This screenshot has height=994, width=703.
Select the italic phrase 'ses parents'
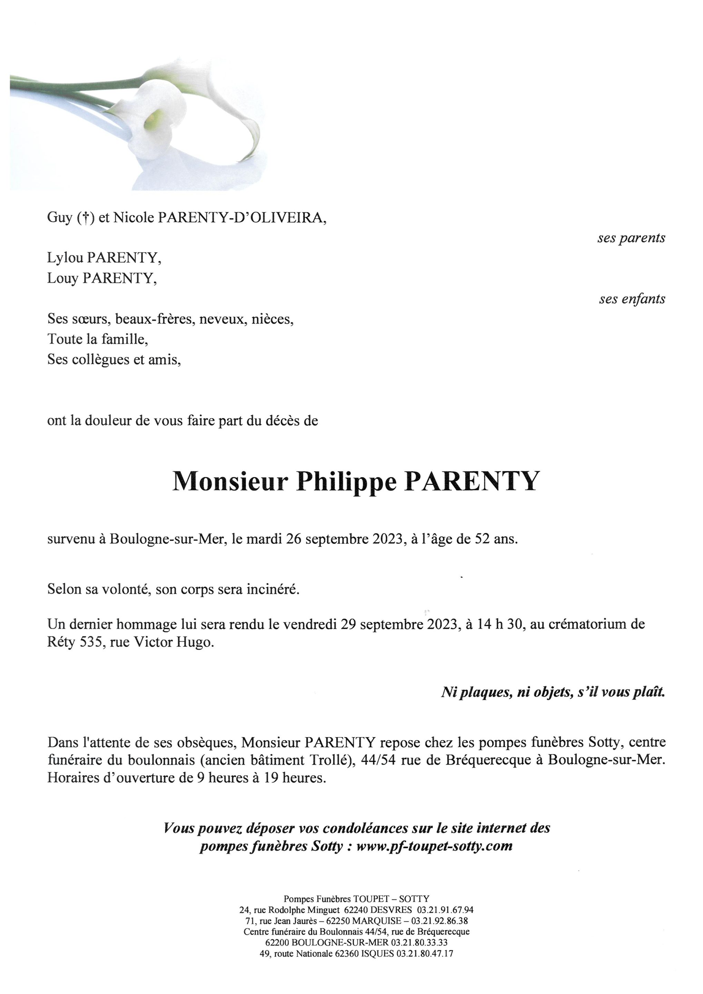coord(631,238)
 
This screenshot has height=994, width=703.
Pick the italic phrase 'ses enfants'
coord(632,299)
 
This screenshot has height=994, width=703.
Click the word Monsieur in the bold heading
coord(230,481)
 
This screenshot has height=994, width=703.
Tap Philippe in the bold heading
coord(346,482)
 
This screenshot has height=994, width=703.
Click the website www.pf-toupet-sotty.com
coord(434,846)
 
